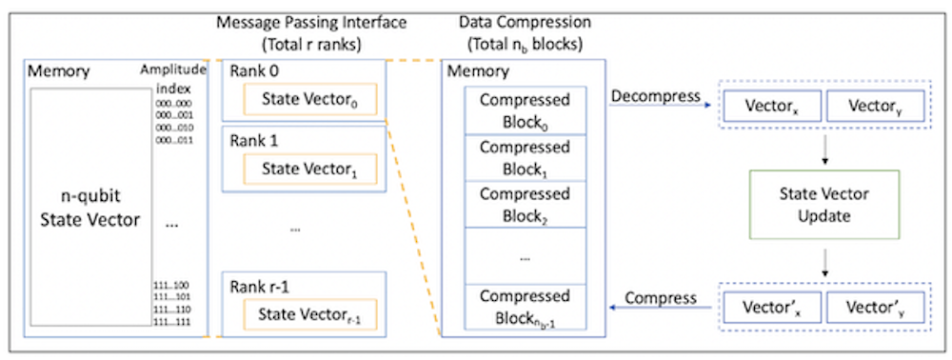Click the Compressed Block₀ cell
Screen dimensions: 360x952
(x=525, y=110)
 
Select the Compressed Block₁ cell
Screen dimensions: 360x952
(x=525, y=158)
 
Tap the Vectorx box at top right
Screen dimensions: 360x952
(x=767, y=108)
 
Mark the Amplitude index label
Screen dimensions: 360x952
(x=174, y=79)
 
